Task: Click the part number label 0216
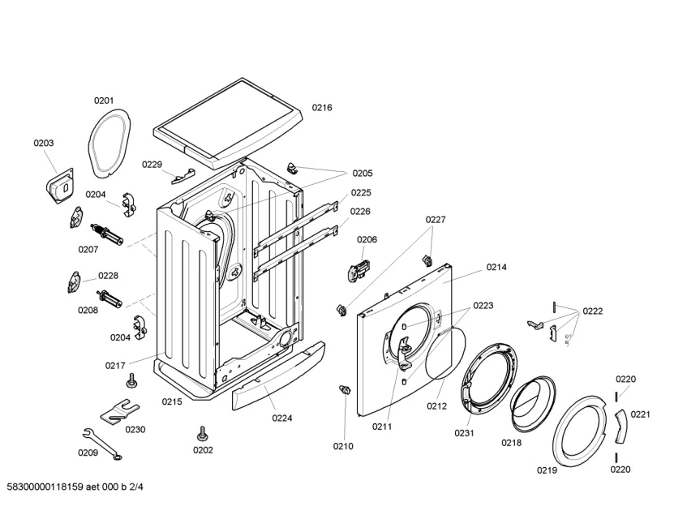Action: (322, 107)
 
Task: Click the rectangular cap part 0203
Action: (58, 183)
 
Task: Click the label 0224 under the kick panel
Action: (282, 418)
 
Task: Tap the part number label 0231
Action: (463, 433)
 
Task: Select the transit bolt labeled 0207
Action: (112, 236)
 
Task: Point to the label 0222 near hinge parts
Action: (592, 311)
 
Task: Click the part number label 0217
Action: (115, 366)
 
